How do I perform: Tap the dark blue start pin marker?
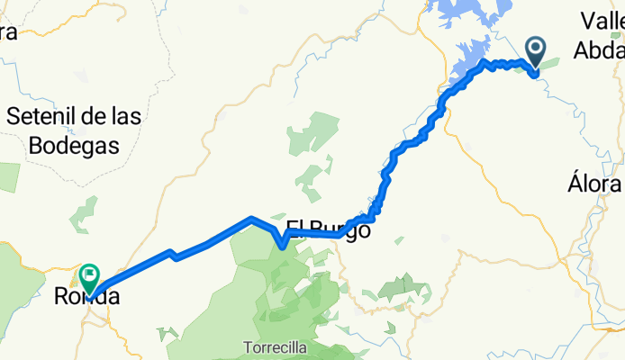click(535, 52)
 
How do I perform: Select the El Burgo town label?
click(328, 229)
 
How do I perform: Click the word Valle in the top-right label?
click(602, 21)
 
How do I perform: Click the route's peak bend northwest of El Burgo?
click(250, 218)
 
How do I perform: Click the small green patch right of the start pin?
click(549, 62)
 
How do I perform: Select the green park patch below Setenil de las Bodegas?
click(84, 214)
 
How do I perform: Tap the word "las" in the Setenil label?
click(132, 116)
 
